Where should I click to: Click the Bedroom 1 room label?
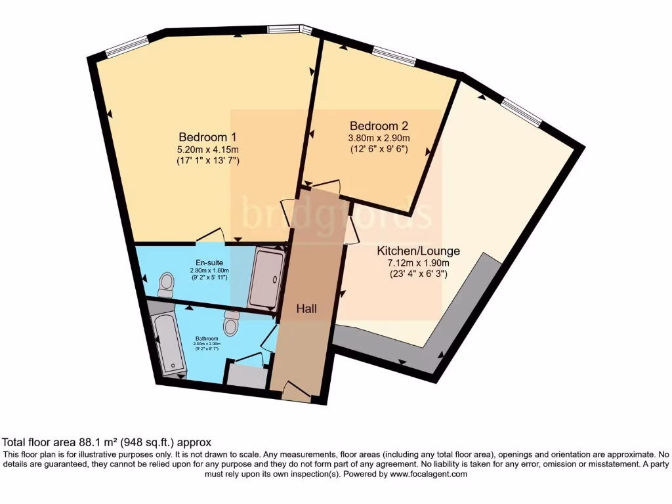(207, 137)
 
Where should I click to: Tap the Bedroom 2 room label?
(374, 126)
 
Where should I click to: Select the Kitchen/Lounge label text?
(418, 251)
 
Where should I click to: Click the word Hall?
(307, 308)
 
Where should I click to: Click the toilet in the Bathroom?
(231, 323)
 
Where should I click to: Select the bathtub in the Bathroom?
(169, 345)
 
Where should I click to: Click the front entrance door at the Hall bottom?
(295, 392)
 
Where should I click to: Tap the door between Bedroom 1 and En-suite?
(211, 236)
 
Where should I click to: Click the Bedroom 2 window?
(394, 56)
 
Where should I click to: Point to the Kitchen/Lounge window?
(522, 110)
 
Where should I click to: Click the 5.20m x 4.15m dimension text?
(207, 150)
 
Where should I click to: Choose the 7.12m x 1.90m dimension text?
(418, 263)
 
